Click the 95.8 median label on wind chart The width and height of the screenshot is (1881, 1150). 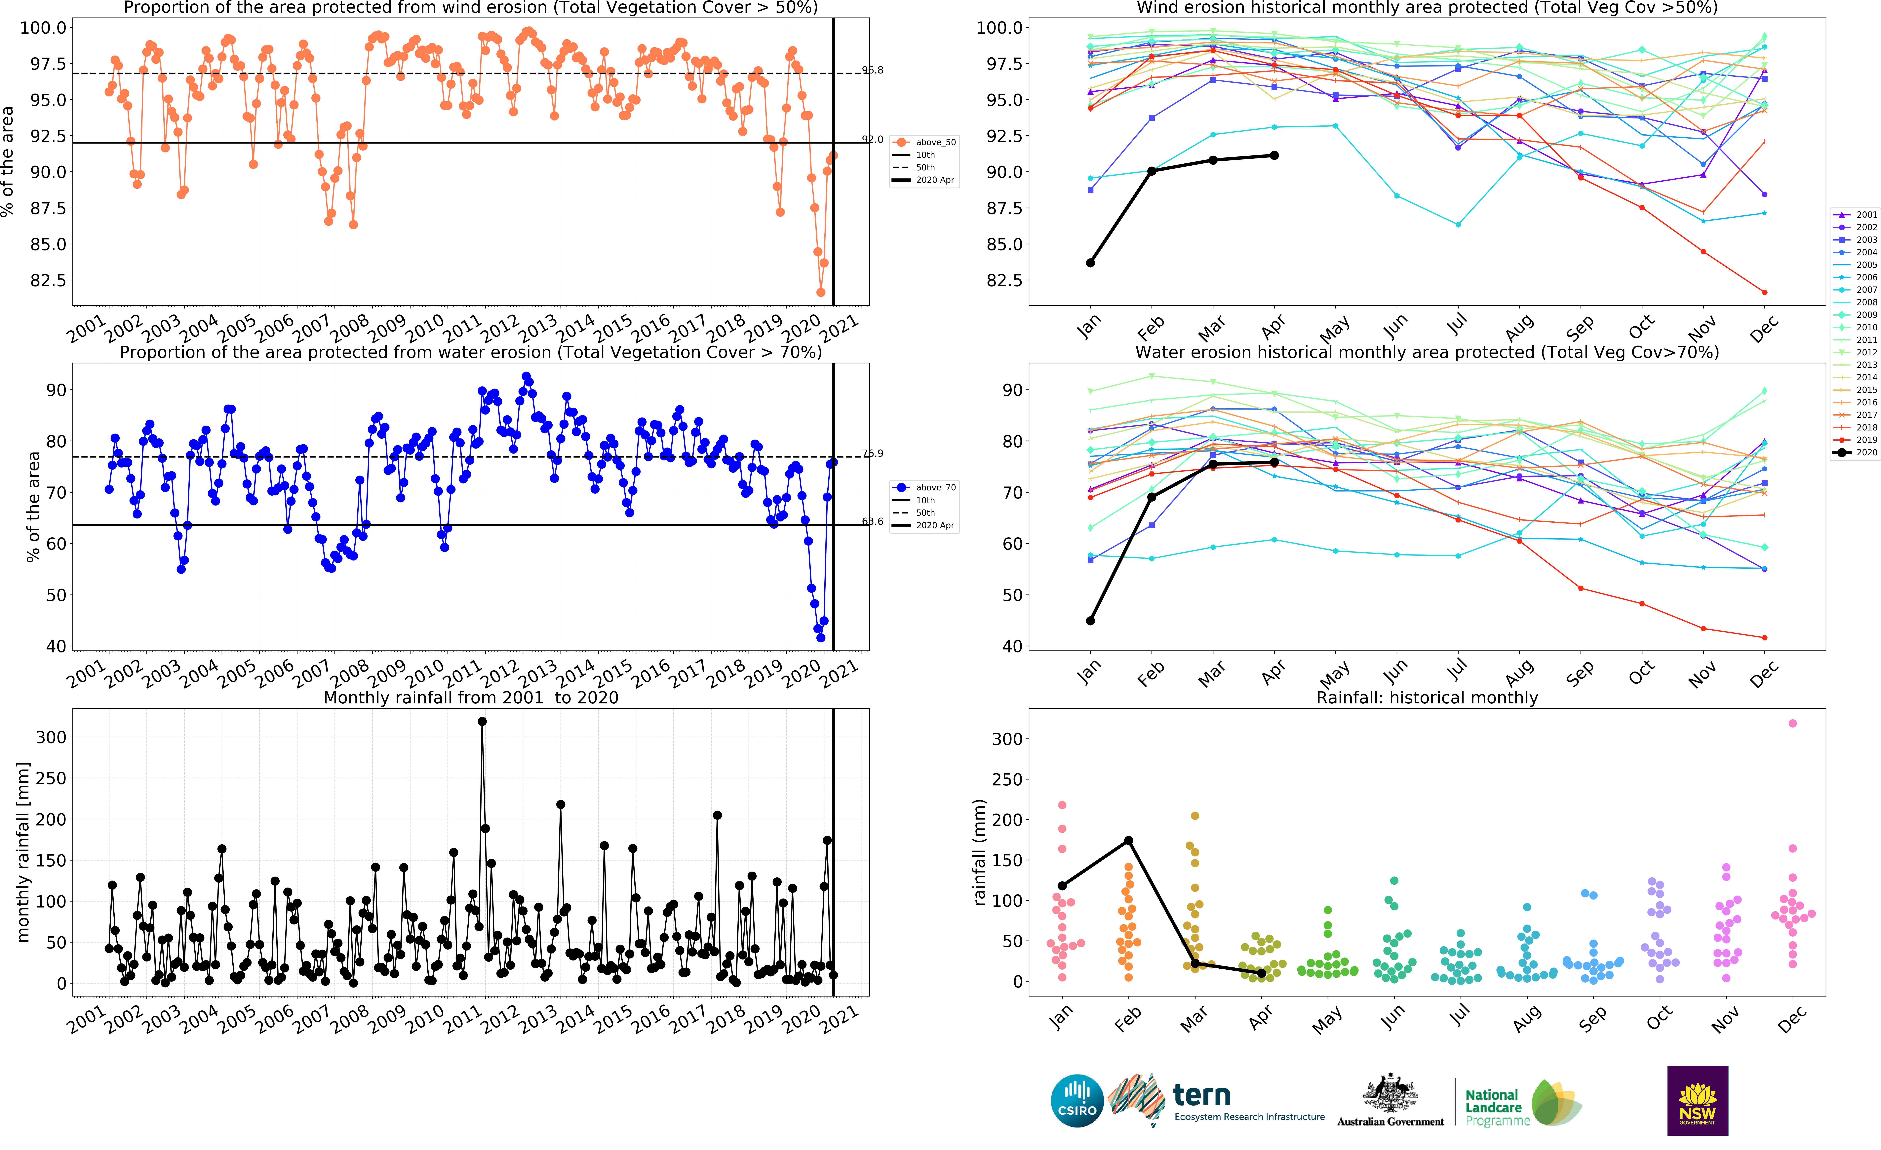pyautogui.click(x=873, y=70)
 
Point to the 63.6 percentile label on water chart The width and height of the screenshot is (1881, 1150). pyautogui.click(x=873, y=522)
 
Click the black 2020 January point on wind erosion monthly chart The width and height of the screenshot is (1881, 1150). pyautogui.click(x=1090, y=263)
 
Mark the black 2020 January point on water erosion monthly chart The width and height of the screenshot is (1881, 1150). pyautogui.click(x=1090, y=621)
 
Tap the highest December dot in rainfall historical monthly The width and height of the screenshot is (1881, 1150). pyautogui.click(x=1792, y=723)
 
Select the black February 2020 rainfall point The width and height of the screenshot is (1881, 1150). pyautogui.click(x=1128, y=841)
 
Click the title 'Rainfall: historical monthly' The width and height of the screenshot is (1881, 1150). pyautogui.click(x=1427, y=697)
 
